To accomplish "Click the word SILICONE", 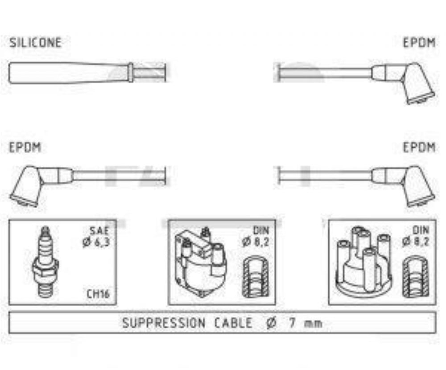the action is [35, 43].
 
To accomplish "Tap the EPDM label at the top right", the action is [419, 43].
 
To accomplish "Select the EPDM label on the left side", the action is [25, 148].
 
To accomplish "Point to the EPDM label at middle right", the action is [419, 148].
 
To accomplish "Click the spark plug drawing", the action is [45, 262].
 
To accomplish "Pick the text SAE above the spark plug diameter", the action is [99, 230].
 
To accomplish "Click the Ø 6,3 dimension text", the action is [96, 242].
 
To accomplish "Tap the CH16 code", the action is [98, 294].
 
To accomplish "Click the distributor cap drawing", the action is [364, 262].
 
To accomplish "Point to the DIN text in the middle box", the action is [261, 230].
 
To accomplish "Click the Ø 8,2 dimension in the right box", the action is [416, 242].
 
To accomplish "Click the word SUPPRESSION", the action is [164, 323].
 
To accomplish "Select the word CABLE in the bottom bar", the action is [233, 323].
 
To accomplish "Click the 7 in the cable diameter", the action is [292, 323].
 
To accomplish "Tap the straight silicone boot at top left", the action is [71, 73].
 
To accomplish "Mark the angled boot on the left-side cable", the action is [40, 185].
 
